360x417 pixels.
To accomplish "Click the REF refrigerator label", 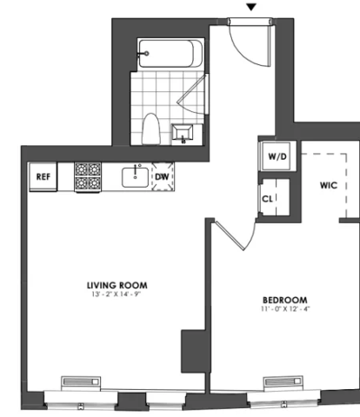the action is (x=43, y=176).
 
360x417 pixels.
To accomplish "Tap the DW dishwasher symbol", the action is (x=163, y=176).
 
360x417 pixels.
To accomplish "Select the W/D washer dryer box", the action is (x=277, y=156).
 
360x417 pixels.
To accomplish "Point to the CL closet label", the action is (x=267, y=199).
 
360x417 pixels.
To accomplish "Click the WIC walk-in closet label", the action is (x=329, y=185).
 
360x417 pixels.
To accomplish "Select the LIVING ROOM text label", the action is (x=117, y=285).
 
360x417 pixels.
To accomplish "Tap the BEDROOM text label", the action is (x=285, y=300).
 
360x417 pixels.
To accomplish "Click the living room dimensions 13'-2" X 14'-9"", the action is (x=117, y=295).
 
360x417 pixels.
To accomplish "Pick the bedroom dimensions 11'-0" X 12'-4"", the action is (x=285, y=309).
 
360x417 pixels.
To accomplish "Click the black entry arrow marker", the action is (x=251, y=7).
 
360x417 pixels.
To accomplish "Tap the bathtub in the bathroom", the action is (x=170, y=54).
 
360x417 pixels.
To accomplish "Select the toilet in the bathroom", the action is (x=151, y=129).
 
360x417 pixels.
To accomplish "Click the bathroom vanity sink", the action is (x=183, y=133).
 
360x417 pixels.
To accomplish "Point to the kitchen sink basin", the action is (x=135, y=177).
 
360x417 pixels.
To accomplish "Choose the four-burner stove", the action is (x=88, y=176).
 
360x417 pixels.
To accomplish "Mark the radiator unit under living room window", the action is (x=81, y=381).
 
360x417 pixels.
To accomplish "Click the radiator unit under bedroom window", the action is (x=283, y=381).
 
